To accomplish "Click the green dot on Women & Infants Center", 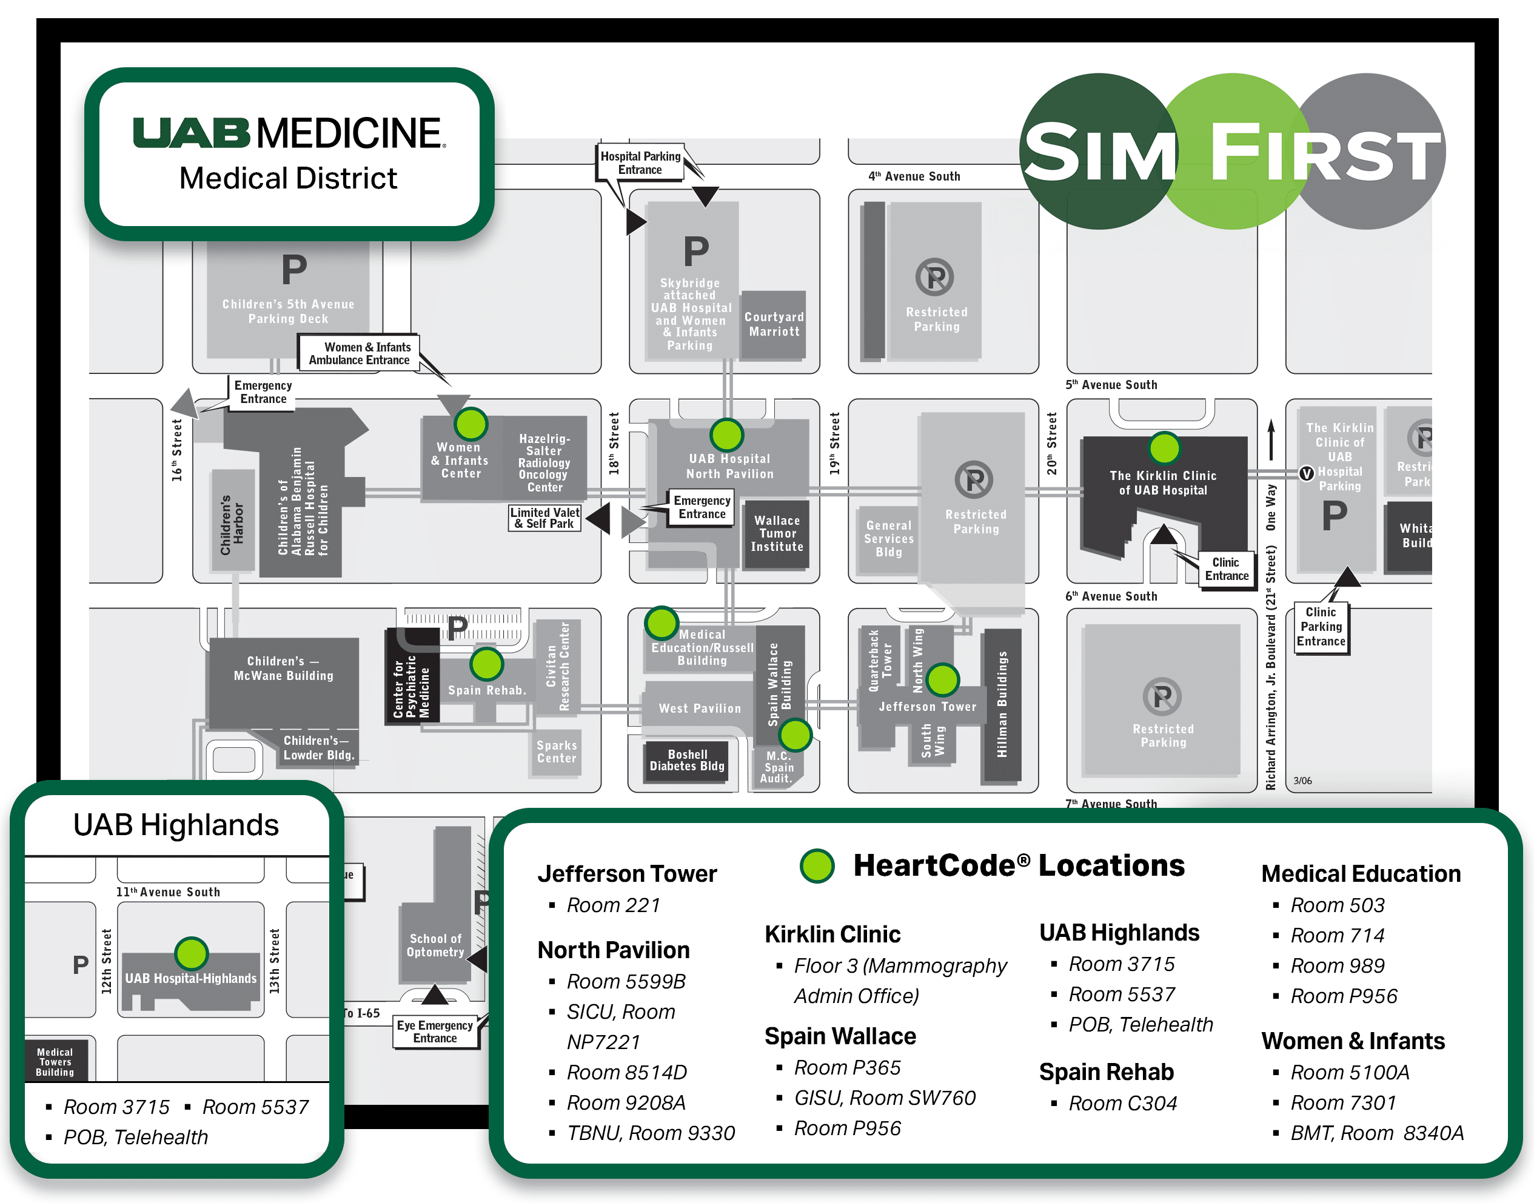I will [471, 424].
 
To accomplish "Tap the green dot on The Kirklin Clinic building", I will [1164, 448].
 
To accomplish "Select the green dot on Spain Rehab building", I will [486, 664].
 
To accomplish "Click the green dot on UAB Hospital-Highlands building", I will [191, 954].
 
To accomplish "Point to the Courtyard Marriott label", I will [774, 325].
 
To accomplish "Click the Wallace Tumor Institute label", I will [777, 533].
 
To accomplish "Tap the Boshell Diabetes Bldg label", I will [687, 760].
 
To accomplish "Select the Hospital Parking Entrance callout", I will [640, 162].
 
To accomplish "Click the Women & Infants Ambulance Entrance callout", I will [360, 353].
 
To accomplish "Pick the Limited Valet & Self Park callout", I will [544, 518].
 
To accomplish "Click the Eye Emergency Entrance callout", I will [435, 1031].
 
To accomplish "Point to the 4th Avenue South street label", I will [914, 176].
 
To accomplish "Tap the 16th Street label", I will [177, 450].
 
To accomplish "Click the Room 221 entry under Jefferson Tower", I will [613, 905].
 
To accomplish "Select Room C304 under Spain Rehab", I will [1122, 1103].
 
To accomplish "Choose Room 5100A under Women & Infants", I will [1350, 1072].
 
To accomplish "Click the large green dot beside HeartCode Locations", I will [817, 865].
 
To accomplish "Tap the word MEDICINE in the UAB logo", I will [349, 133].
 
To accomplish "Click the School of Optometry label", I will [435, 945].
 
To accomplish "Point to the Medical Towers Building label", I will [55, 1061].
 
